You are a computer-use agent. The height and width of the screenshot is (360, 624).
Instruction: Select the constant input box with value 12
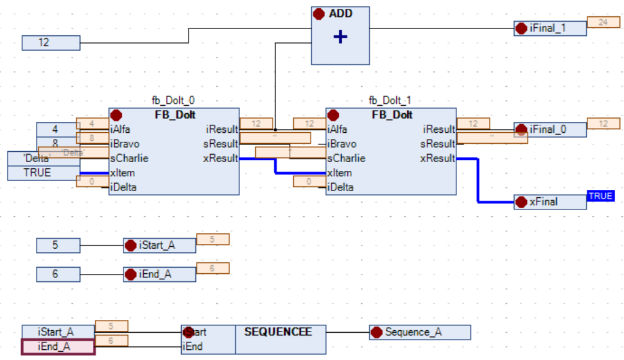[x=51, y=43]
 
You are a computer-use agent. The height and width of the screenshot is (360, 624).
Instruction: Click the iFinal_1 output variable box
[x=550, y=28]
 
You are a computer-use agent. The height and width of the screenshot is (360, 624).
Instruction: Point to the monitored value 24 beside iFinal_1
[x=603, y=22]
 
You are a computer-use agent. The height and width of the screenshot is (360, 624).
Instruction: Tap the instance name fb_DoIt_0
[x=173, y=100]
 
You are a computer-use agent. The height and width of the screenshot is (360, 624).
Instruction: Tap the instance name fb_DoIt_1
[x=390, y=100]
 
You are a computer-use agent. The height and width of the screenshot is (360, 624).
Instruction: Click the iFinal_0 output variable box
[x=550, y=129]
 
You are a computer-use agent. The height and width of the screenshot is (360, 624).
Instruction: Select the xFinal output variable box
[x=550, y=202]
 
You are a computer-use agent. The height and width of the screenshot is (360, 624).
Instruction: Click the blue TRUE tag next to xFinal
[x=600, y=196]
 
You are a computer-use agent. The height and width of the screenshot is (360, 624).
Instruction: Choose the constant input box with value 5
[x=58, y=245]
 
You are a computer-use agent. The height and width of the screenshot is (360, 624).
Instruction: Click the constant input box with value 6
[x=58, y=274]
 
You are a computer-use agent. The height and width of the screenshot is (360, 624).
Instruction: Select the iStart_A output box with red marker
[x=159, y=245]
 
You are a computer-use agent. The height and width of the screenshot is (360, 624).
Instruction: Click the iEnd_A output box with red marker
[x=159, y=274]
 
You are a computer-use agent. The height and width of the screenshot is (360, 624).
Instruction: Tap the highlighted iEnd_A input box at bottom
[x=58, y=346]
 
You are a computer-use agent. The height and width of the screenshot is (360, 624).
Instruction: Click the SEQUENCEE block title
[x=278, y=332]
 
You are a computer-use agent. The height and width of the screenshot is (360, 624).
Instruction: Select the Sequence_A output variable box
[x=420, y=332]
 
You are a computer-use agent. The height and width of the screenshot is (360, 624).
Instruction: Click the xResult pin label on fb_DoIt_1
[x=437, y=159]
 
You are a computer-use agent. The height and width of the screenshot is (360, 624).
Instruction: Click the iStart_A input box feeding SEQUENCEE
[x=58, y=332]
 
